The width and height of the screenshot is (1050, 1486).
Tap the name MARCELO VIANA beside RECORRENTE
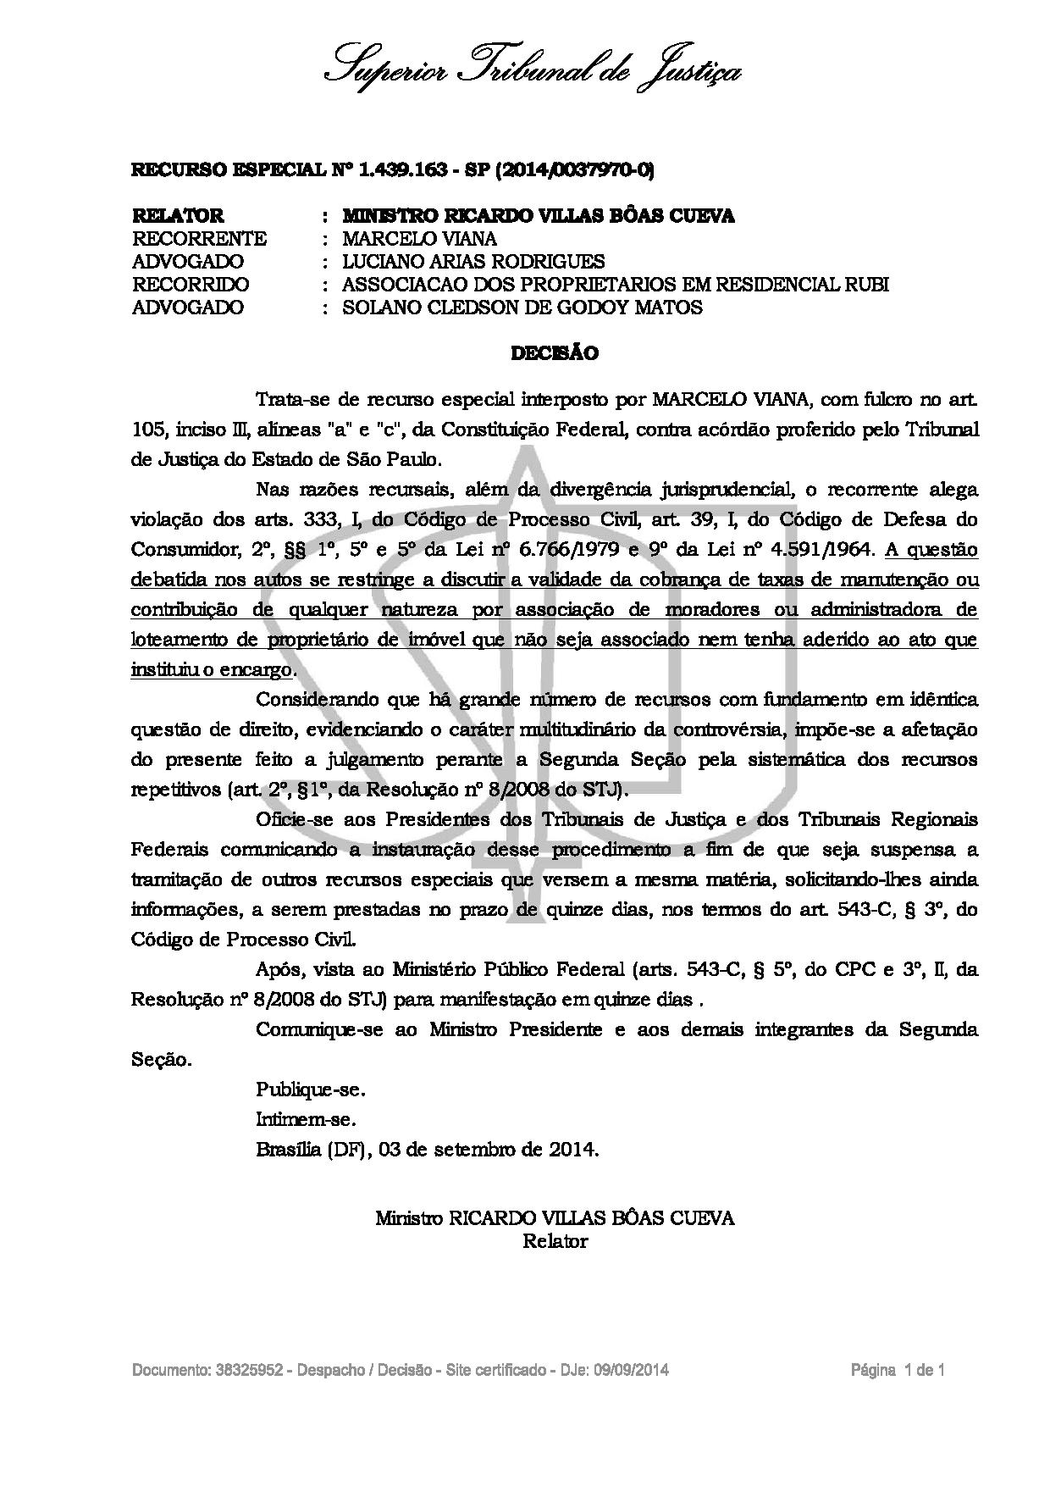[x=419, y=239]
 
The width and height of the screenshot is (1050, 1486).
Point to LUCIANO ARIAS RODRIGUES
[x=473, y=262]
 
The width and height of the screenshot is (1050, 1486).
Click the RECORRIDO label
[x=191, y=285]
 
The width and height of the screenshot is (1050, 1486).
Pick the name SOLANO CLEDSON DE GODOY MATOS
[x=522, y=308]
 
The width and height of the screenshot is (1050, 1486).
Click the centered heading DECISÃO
[x=555, y=354]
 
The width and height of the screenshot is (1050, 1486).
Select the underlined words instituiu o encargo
[x=212, y=669]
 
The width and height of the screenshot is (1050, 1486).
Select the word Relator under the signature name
[x=555, y=1241]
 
